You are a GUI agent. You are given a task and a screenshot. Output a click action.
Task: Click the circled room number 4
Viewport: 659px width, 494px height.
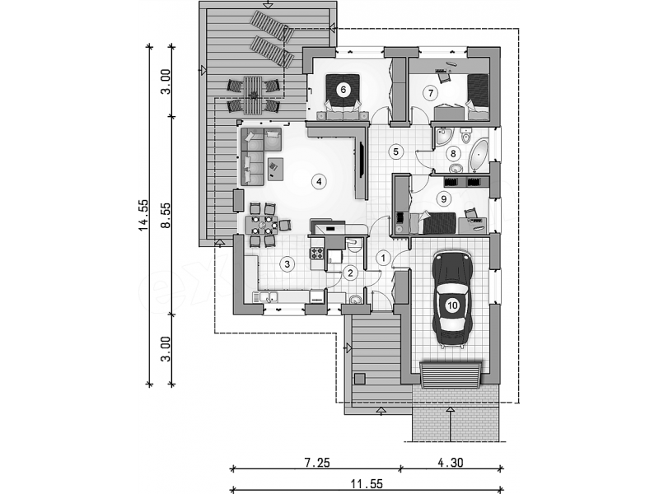319,181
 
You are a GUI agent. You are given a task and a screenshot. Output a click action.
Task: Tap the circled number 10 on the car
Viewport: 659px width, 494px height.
452,305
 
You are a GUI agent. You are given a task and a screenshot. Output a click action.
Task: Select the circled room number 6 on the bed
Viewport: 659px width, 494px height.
344,90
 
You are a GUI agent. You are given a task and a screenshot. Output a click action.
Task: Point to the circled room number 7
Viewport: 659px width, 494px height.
430,92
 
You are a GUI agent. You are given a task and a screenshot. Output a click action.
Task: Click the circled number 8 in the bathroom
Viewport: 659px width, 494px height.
453,153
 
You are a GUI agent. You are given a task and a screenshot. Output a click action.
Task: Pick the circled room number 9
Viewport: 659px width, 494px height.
444,198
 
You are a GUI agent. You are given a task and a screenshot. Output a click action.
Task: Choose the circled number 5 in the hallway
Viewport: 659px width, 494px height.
395,151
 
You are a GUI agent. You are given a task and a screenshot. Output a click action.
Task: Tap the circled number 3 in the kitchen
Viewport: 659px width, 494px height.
287,264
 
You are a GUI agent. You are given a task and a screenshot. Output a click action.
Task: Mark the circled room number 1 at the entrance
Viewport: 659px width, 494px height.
383,258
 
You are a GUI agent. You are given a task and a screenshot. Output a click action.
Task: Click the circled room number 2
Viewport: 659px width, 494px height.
351,273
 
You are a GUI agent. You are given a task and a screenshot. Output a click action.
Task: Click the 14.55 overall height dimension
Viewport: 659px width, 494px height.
143,215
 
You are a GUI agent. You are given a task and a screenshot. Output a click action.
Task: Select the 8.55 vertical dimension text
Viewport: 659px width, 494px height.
166,215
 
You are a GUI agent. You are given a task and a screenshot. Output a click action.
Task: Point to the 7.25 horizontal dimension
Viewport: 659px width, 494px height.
317,463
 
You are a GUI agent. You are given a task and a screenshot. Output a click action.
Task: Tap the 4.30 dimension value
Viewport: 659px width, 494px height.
450,463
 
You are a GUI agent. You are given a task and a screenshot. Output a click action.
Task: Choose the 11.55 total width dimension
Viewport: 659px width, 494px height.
367,485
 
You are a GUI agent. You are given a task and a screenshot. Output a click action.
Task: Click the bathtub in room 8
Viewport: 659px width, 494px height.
480,155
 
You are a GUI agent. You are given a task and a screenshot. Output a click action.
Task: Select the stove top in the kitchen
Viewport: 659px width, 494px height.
317,253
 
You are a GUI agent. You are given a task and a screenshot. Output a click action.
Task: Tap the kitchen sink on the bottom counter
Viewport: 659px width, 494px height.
266,297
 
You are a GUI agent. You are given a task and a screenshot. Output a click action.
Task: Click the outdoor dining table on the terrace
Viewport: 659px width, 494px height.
253,96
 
